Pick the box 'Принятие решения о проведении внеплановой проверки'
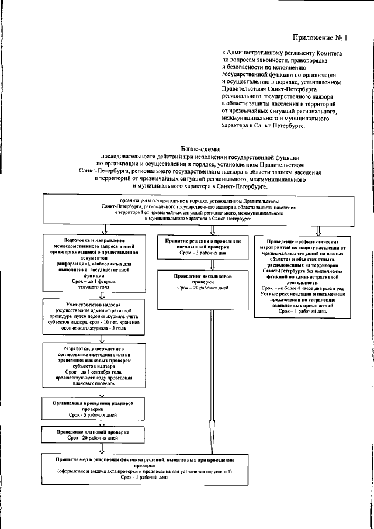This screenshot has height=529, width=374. tap(203, 246)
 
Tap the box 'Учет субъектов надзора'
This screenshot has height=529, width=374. tap(93, 319)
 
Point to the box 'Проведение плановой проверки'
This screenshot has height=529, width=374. tap(93, 434)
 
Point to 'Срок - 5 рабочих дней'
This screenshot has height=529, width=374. tap(93, 412)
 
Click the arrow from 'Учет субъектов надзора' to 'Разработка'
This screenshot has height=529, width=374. tap(93, 338)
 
